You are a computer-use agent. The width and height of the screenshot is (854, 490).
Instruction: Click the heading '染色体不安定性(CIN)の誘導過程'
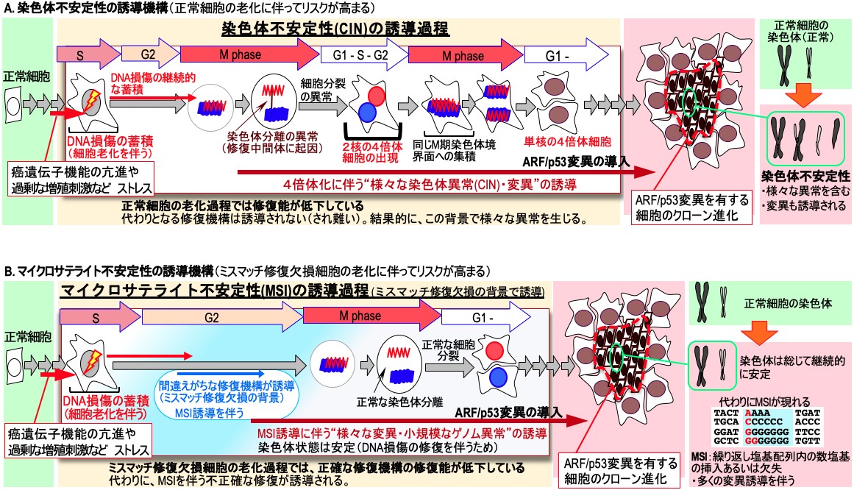[x=335, y=30]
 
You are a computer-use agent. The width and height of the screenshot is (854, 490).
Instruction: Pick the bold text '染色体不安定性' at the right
[x=805, y=177]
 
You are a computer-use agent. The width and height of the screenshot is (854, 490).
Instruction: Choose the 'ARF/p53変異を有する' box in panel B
[x=614, y=469]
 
